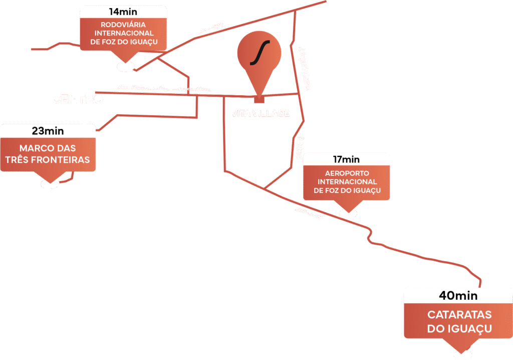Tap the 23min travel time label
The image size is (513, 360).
click(x=48, y=131)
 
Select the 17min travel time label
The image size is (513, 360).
click(x=347, y=160)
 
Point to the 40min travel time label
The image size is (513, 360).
click(x=458, y=296)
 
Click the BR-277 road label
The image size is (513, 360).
click(x=210, y=28)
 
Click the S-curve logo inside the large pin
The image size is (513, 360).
click(x=260, y=53)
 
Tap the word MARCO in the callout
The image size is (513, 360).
click(x=34, y=148)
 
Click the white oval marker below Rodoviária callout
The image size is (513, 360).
click(x=124, y=66)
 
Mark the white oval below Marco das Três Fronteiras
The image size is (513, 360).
click(x=50, y=184)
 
